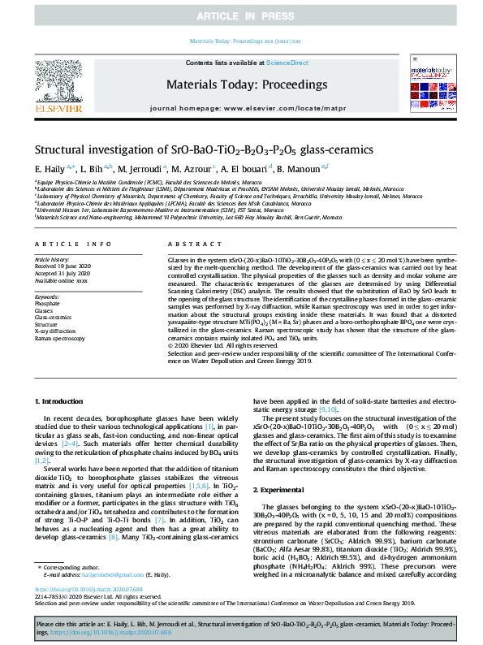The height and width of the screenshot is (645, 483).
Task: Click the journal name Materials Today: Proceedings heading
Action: point(246,84)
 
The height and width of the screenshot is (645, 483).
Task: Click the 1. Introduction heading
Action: point(64,402)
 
